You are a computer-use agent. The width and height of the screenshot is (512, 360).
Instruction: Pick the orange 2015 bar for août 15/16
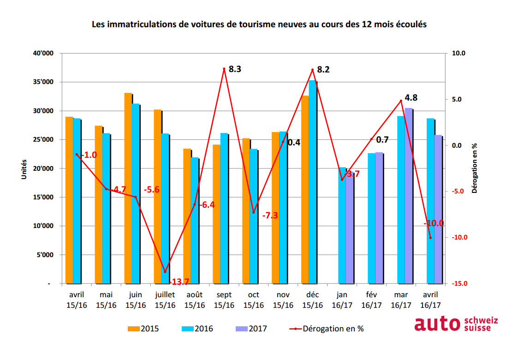pyautogui.click(x=187, y=216)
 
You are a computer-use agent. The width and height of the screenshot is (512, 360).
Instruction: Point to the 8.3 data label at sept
pyautogui.click(x=235, y=70)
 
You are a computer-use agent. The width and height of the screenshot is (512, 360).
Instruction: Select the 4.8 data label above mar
pyautogui.click(x=411, y=98)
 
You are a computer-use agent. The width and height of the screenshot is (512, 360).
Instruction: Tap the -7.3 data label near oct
pyautogui.click(x=270, y=216)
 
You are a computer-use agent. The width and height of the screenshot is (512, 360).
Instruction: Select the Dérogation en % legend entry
pyautogui.click(x=329, y=329)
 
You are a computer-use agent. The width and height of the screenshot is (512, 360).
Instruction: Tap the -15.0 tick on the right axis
pyautogui.click(x=458, y=284)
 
